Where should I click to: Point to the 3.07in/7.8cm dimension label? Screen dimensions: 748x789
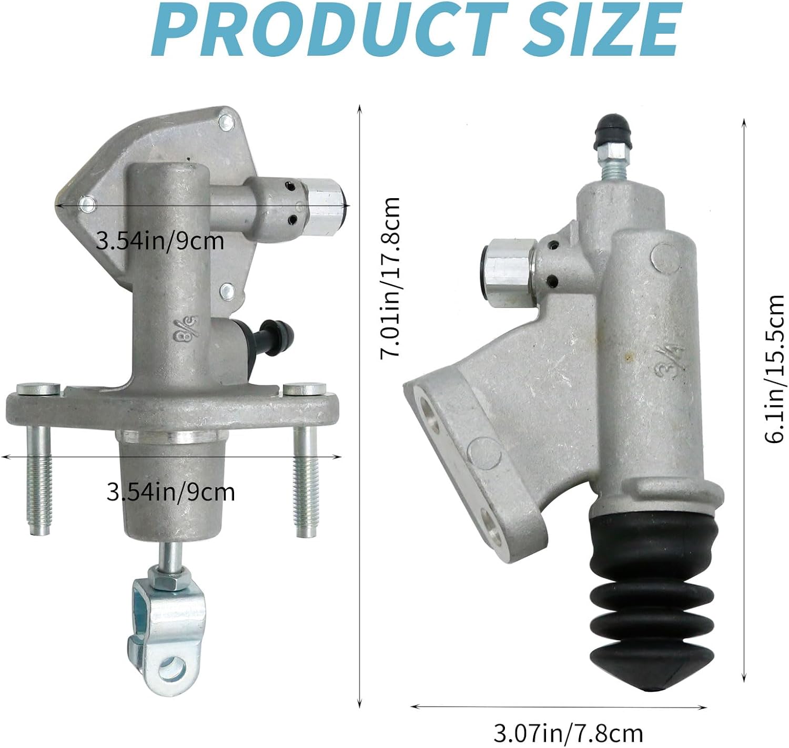(x=568, y=732)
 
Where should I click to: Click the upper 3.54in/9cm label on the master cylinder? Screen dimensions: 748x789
(x=160, y=241)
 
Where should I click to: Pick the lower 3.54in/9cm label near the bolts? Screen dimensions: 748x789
(x=170, y=493)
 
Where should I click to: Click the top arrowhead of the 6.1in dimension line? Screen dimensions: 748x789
(x=744, y=122)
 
